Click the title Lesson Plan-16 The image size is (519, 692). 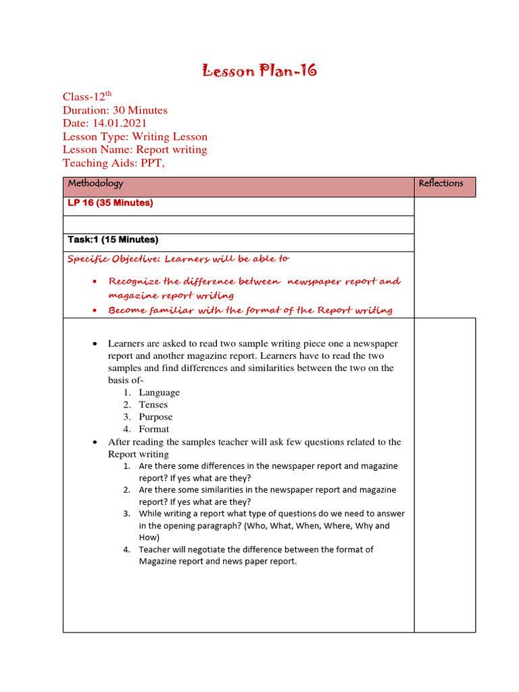[260, 71]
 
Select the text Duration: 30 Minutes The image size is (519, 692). [115, 110]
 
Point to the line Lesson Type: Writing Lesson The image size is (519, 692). [135, 137]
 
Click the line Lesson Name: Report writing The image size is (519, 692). [135, 149]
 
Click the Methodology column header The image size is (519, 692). [95, 184]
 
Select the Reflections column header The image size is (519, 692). [441, 184]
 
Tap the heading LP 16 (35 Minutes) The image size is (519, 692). [110, 203]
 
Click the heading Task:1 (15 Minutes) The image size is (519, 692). [113, 240]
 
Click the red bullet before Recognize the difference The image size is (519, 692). [95, 282]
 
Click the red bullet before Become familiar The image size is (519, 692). [95, 311]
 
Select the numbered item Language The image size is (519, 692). [159, 393]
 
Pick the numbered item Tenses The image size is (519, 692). [153, 405]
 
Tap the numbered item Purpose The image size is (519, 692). [155, 417]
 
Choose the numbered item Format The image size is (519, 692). [154, 429]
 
